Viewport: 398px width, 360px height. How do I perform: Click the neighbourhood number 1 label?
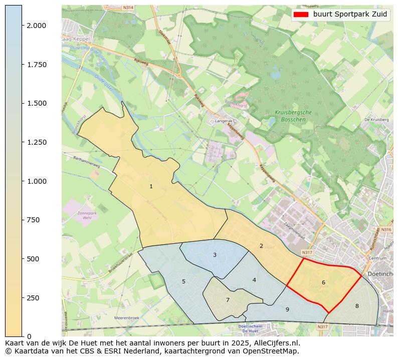[x=151, y=187]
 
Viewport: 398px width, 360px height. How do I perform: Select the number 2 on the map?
[x=261, y=246]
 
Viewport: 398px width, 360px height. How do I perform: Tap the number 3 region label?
[x=215, y=255]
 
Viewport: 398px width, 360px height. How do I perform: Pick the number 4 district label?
[x=254, y=280]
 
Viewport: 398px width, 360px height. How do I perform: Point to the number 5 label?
[x=183, y=281]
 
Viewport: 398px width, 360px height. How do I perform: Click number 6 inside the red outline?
[x=323, y=282]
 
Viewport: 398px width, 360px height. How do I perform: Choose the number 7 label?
[x=228, y=300]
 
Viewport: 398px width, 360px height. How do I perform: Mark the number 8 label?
[x=357, y=306]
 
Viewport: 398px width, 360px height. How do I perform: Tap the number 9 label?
[x=287, y=309]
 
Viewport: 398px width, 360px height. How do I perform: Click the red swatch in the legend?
[x=301, y=15]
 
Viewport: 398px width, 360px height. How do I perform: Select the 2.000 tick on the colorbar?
[x=37, y=26]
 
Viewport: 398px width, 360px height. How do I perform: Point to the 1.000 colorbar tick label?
[x=37, y=181]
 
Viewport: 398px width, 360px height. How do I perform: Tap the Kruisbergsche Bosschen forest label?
[x=293, y=116]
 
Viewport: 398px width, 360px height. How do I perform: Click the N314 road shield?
[x=128, y=8]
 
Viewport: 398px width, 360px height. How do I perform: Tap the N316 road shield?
[x=385, y=229]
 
